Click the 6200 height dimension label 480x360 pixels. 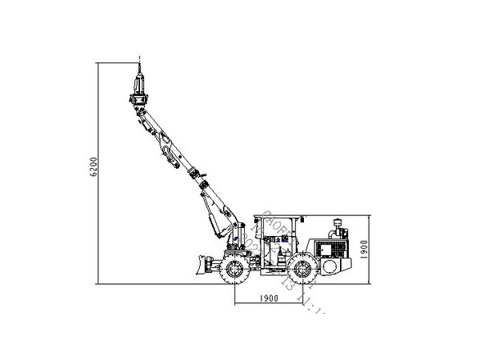point(94,168)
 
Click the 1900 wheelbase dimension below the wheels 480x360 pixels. point(268,298)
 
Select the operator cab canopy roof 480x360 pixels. point(277,217)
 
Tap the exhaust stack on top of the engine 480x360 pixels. point(337,223)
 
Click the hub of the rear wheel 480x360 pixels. point(301,270)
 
